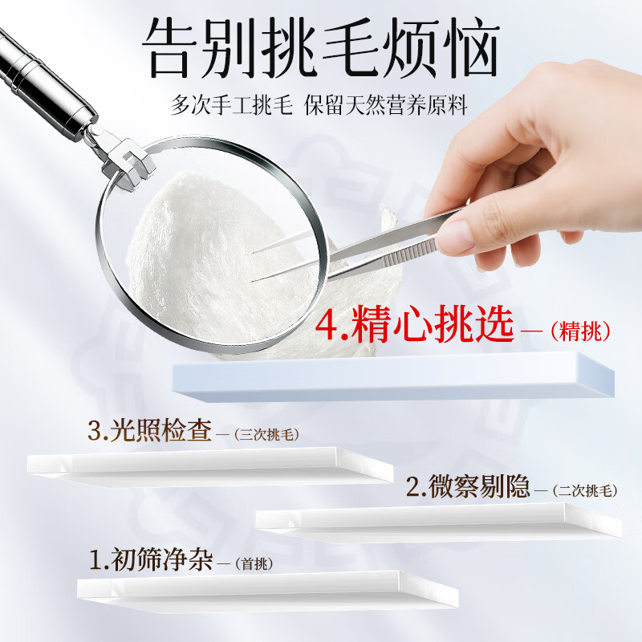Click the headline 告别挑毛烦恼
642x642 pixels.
(321, 48)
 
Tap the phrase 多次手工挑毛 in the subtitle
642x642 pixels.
(232, 105)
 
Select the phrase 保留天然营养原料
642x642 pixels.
(386, 105)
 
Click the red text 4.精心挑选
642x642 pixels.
(414, 324)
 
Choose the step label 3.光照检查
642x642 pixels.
(150, 430)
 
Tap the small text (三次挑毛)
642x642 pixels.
(267, 434)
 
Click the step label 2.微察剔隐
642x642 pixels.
(468, 486)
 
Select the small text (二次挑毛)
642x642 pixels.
(585, 490)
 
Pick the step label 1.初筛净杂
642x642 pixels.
(151, 559)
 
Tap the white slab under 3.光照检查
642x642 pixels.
(210, 466)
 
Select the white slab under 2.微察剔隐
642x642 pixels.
(439, 522)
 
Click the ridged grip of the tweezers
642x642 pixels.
(408, 252)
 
